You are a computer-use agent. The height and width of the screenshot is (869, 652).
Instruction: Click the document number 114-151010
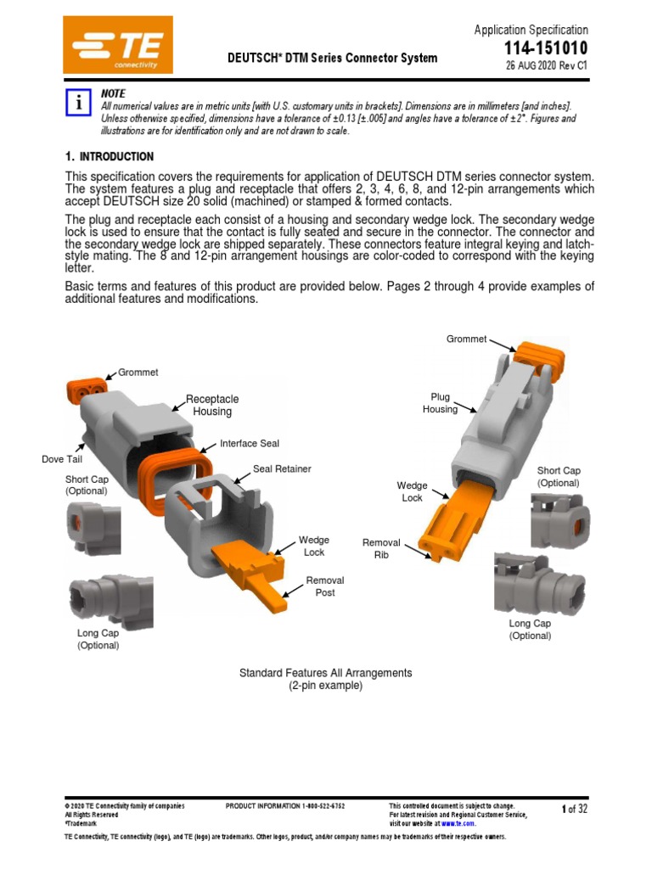(544, 48)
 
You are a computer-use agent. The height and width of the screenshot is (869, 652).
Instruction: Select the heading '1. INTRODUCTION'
(110, 157)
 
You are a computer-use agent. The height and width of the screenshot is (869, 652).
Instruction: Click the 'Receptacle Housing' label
(212, 405)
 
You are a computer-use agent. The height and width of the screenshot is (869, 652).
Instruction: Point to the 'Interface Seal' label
(250, 443)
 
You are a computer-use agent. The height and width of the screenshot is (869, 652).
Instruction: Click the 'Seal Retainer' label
(282, 468)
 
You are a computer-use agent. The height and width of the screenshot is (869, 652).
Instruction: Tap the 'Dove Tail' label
(62, 459)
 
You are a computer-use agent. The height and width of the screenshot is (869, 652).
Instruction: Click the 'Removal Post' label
(324, 586)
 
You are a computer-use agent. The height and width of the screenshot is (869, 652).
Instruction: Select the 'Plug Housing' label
(440, 403)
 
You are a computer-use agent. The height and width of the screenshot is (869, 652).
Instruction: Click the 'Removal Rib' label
(381, 548)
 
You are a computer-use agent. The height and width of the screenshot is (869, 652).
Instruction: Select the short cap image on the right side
(559, 520)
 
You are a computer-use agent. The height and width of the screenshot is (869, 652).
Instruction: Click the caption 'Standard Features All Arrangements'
(325, 673)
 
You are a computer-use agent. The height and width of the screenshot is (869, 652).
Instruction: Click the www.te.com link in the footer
(458, 823)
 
